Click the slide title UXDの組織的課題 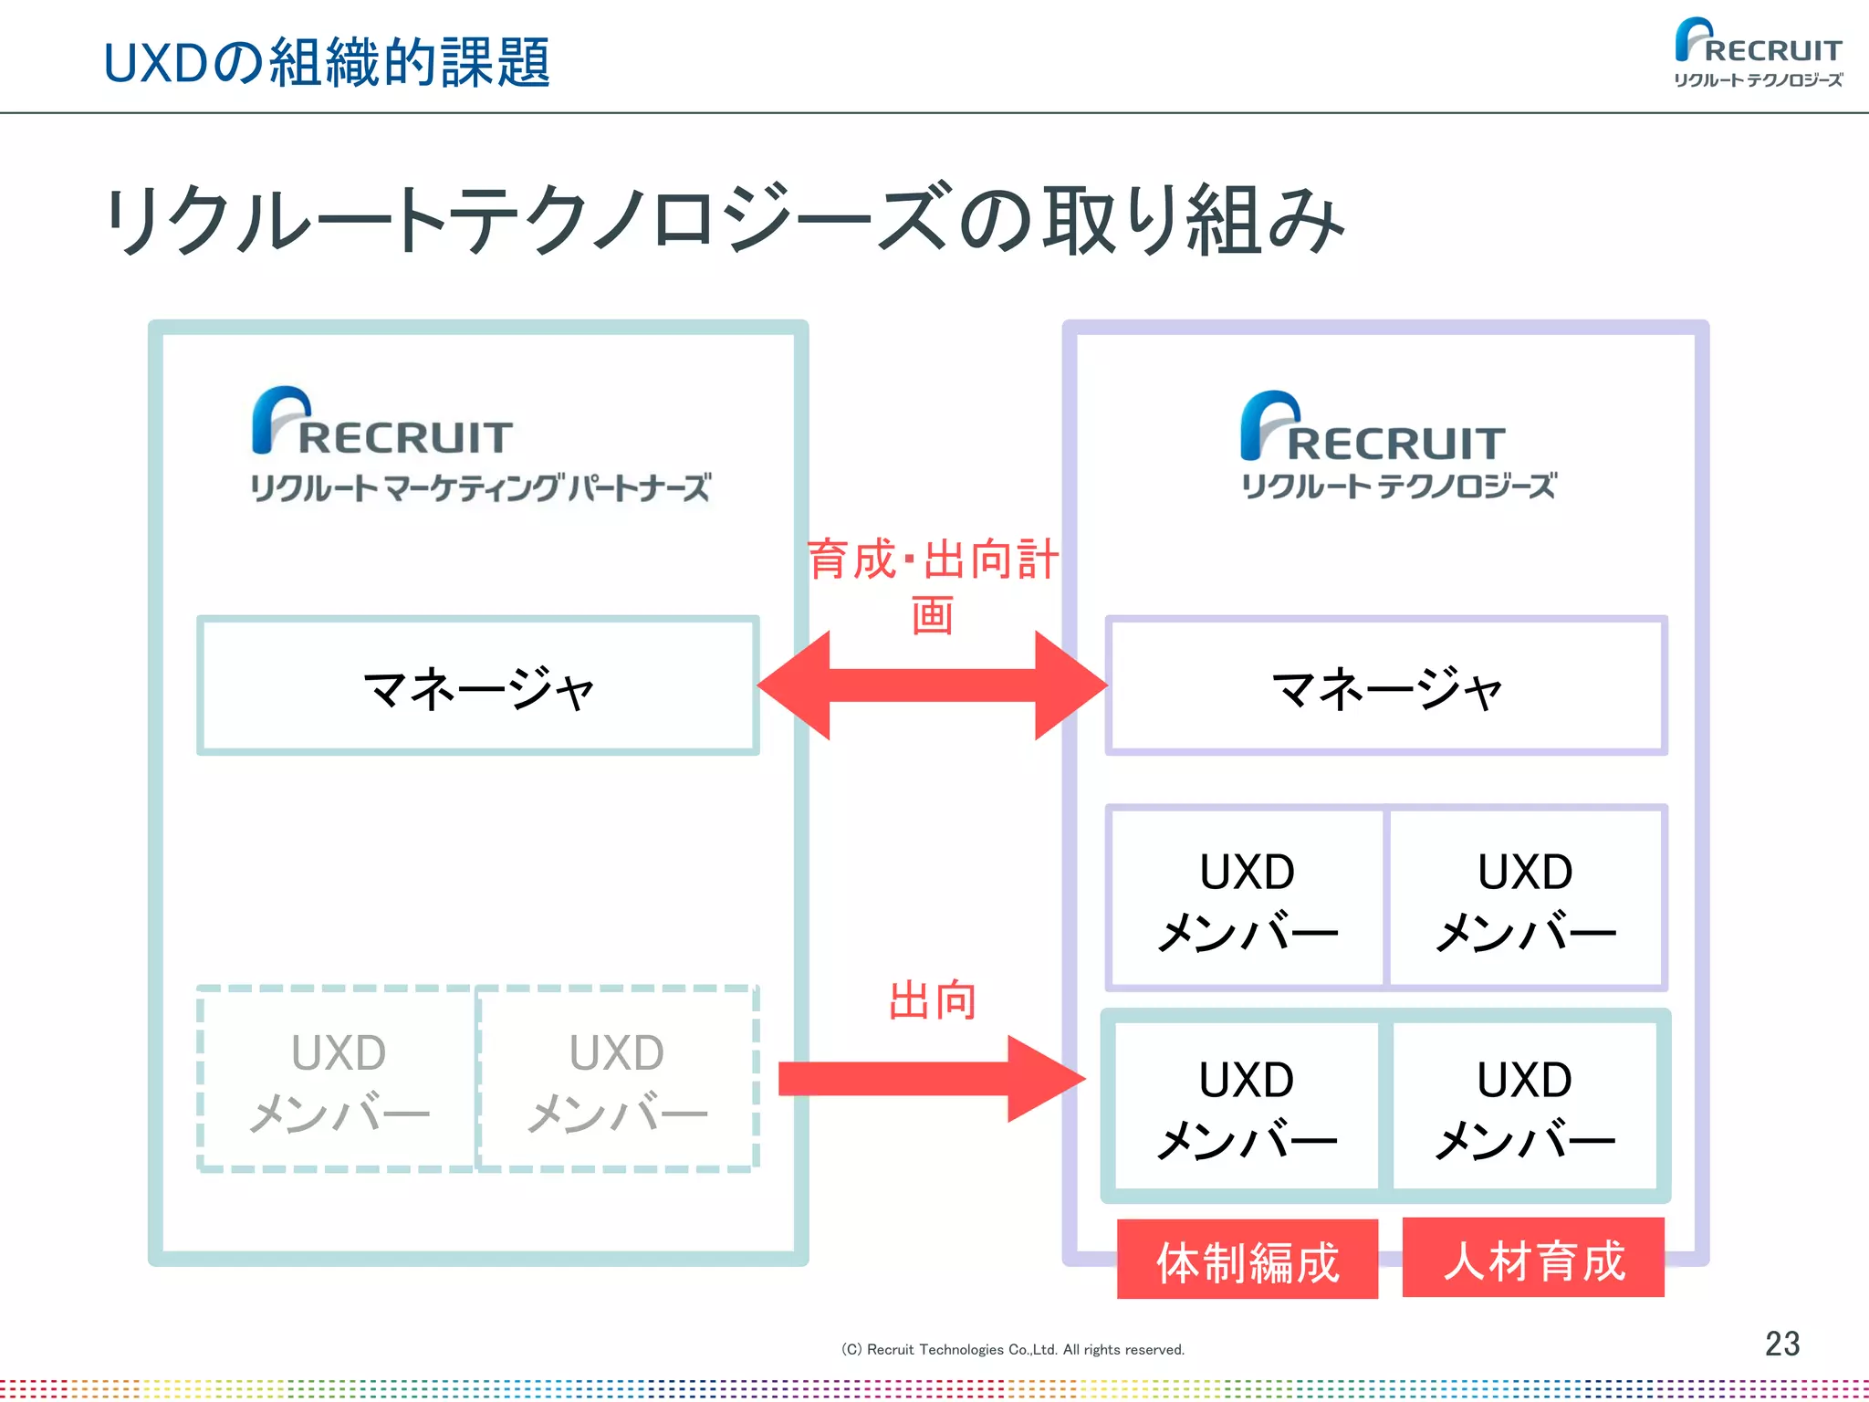tap(327, 62)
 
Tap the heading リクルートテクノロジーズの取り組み tap(726, 219)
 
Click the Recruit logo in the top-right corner tap(1758, 53)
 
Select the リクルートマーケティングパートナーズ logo tap(480, 446)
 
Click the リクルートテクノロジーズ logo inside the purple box tap(1397, 447)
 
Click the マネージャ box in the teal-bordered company tap(478, 686)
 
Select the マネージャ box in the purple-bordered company tap(1386, 686)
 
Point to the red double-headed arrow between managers tap(932, 685)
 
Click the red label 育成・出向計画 tap(933, 584)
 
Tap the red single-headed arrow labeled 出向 tap(931, 1079)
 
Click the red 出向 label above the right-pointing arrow tap(933, 1000)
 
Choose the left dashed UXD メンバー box tap(338, 1079)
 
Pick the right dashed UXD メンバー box tap(617, 1079)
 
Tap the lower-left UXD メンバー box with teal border tap(1247, 1106)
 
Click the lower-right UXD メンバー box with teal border tap(1525, 1106)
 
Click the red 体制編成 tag tap(1248, 1261)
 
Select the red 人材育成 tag tap(1533, 1259)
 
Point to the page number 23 tap(1781, 1344)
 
